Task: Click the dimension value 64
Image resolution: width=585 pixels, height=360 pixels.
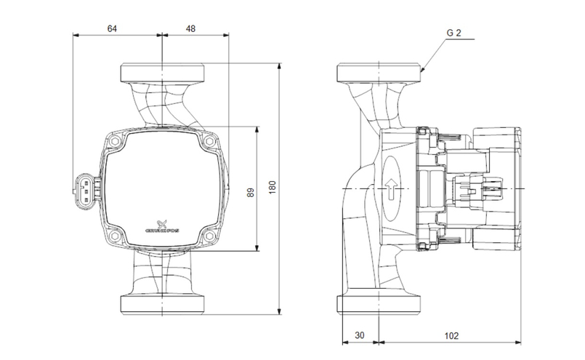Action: pyautogui.click(x=112, y=29)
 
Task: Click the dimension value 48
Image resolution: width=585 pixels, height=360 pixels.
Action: pyautogui.click(x=190, y=29)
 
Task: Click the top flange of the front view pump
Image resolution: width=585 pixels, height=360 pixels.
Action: pyautogui.click(x=161, y=73)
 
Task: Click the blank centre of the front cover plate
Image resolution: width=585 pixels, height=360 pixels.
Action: pyautogui.click(x=161, y=182)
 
